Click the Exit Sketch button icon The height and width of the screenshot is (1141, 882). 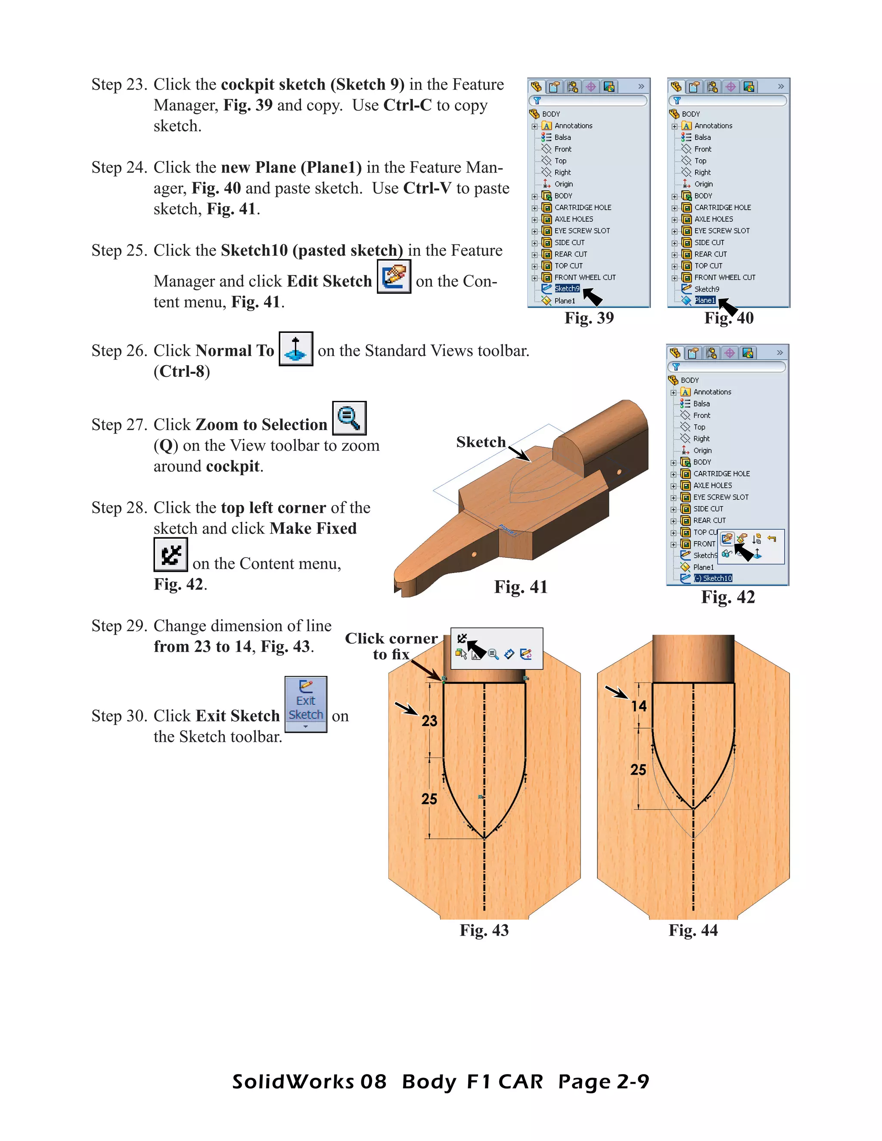pyautogui.click(x=306, y=703)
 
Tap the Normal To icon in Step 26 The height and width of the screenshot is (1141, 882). pyautogui.click(x=296, y=348)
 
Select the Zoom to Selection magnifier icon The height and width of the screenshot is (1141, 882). pyautogui.click(x=349, y=418)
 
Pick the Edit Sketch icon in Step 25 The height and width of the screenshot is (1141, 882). pyautogui.click(x=394, y=276)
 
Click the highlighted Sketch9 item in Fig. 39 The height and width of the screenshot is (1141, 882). pyautogui.click(x=567, y=289)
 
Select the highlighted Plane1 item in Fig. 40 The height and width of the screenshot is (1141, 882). pyautogui.click(x=704, y=301)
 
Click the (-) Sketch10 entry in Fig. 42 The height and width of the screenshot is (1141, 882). pyautogui.click(x=713, y=578)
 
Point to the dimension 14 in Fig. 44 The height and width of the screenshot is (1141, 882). pyautogui.click(x=639, y=706)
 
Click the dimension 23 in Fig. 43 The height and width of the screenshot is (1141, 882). pyautogui.click(x=429, y=721)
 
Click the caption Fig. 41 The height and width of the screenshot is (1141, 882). pyautogui.click(x=520, y=587)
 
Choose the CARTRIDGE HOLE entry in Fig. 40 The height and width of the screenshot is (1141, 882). pyautogui.click(x=722, y=208)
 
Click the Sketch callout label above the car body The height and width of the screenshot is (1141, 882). pyautogui.click(x=481, y=443)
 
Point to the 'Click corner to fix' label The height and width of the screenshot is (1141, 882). pyautogui.click(x=391, y=646)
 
